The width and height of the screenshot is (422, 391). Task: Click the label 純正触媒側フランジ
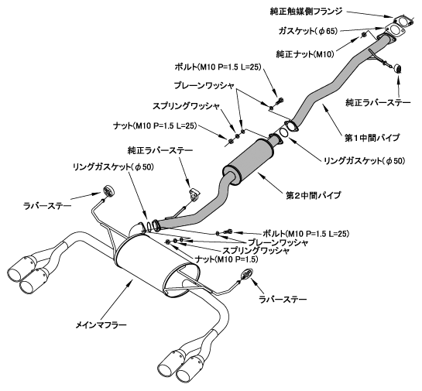307,12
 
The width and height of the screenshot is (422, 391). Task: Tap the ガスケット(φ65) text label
307,31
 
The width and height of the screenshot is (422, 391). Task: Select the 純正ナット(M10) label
305,54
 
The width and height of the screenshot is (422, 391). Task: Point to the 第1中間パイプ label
372,138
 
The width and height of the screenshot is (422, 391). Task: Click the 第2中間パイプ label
314,195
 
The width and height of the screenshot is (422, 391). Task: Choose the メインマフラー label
101,325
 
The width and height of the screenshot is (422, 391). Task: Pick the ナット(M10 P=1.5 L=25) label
156,125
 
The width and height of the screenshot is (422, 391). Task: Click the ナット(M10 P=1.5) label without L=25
226,259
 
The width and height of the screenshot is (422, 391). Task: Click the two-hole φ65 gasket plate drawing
395,30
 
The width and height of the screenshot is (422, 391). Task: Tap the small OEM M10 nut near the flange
363,35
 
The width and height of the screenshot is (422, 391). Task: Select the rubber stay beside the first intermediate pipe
397,68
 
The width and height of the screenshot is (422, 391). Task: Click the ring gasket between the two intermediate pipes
283,132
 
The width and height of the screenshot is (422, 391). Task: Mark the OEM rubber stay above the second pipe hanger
194,194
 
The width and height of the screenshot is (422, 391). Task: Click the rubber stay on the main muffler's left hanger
108,191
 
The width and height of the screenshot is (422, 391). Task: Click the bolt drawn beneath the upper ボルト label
279,101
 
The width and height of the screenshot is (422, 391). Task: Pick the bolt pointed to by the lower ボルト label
228,232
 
